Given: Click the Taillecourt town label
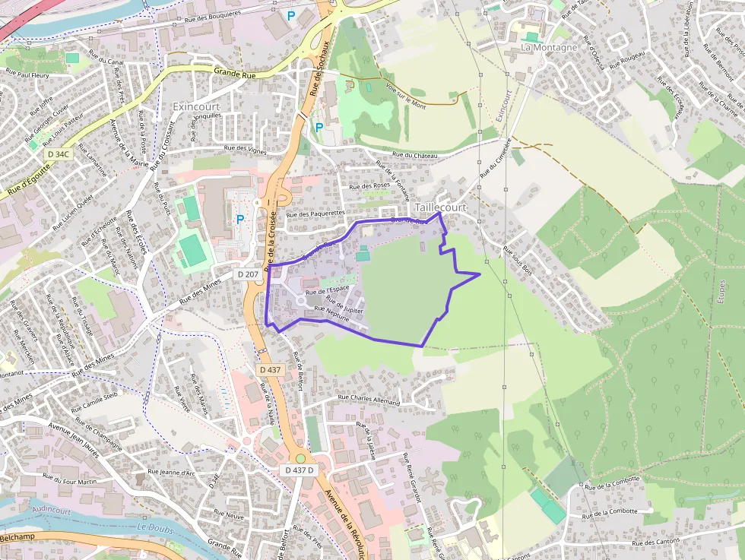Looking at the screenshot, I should click(440, 207).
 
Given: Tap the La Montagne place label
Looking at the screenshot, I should click(549, 47).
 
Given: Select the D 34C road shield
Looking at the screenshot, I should click(58, 153).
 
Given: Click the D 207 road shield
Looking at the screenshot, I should click(248, 274).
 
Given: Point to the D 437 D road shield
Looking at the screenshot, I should click(300, 470).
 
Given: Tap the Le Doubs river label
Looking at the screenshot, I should click(155, 527).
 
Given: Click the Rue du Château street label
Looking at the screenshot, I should click(415, 155).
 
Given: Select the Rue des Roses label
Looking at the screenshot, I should click(369, 185).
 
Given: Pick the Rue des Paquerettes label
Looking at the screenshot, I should click(315, 214).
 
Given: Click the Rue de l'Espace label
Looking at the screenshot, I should click(327, 289).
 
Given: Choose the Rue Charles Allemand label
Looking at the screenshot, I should click(369, 398).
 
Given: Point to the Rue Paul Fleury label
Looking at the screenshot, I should click(28, 75).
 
